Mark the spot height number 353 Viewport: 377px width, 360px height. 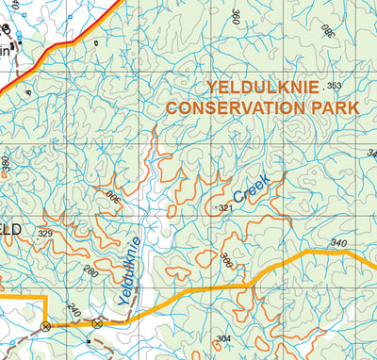tap(334, 86)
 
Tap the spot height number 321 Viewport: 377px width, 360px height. tap(225, 207)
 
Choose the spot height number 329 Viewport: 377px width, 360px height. tap(45, 233)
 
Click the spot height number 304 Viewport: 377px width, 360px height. tap(223, 338)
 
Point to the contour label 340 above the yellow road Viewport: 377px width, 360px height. tap(339, 242)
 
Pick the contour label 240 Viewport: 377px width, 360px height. tap(74, 309)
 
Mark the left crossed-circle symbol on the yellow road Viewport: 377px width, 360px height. tap(44, 325)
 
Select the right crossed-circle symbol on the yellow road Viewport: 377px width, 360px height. tap(96, 323)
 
